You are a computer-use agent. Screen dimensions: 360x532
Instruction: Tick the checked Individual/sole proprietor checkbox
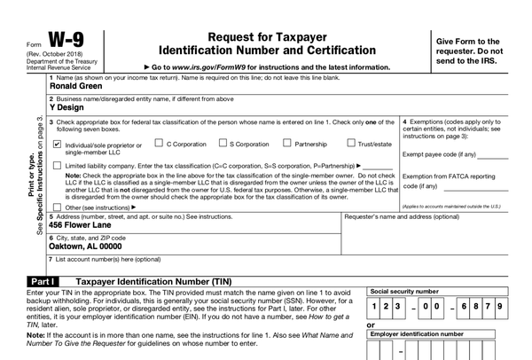tap(58, 144)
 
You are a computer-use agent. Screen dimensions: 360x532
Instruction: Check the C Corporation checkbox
tap(159, 143)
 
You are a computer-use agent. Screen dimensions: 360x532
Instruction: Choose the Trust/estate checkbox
tap(352, 143)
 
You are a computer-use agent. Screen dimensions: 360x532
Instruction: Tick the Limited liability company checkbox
tap(58, 165)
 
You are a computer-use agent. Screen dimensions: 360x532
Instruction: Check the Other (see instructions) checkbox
tap(58, 207)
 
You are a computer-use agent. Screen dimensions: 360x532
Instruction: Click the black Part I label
tap(35, 280)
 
